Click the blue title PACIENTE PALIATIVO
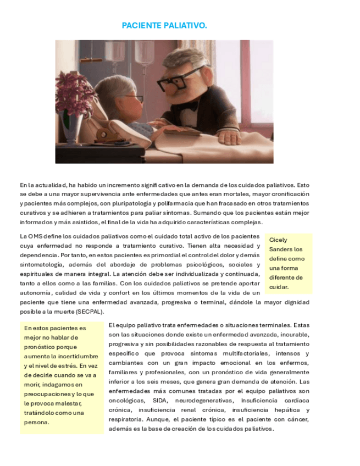coord(164,26)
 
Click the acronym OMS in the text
coord(35,236)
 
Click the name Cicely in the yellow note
coord(278,240)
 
